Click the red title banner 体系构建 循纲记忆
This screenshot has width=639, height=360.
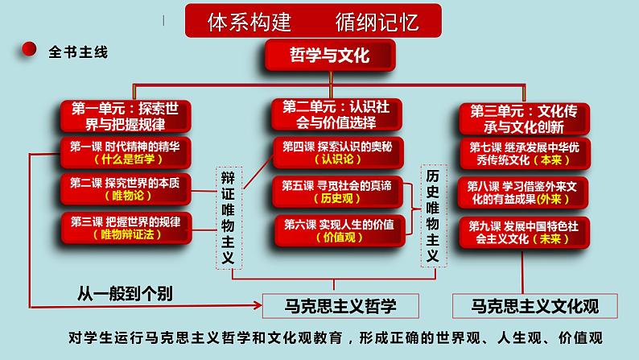click(314, 20)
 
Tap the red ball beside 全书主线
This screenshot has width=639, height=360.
click(29, 51)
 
